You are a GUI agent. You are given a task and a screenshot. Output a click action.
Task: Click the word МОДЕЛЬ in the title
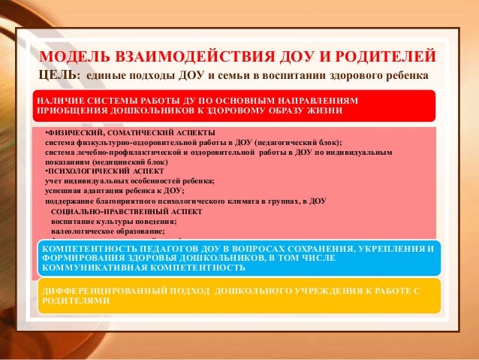click(76, 57)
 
